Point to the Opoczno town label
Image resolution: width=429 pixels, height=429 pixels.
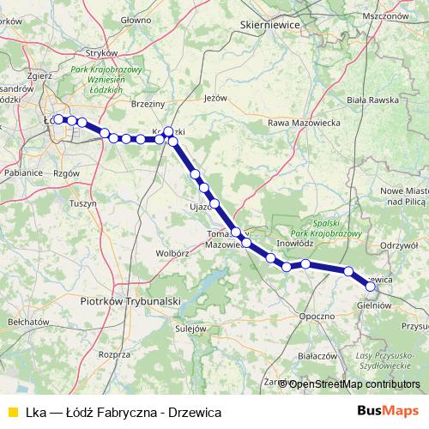pos(317,316)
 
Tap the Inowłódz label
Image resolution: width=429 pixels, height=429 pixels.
pos(295,243)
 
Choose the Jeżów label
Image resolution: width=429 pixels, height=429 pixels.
pos(214,97)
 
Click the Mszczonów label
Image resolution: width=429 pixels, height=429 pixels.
pos(383,15)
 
